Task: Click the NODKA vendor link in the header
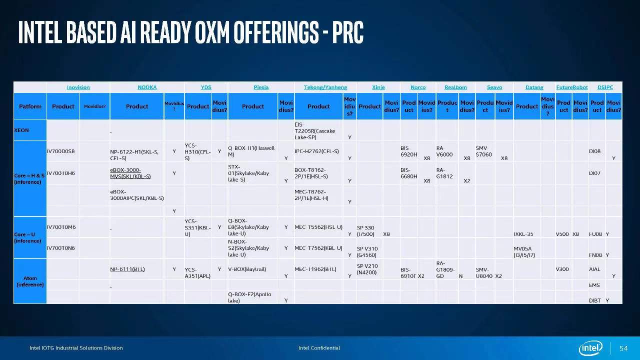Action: tap(147, 87)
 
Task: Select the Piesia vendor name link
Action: tap(261, 87)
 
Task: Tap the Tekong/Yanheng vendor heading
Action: tap(325, 87)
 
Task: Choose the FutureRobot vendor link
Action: tap(572, 87)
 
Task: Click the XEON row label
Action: tap(21, 130)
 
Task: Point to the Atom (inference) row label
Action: tap(30, 281)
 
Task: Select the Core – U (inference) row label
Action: tap(28, 237)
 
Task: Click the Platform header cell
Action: tap(30, 106)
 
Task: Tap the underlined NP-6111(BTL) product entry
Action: tap(127, 269)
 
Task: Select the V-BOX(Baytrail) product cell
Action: tap(247, 269)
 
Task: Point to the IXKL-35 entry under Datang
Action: tap(523, 234)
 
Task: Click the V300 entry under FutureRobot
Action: tap(562, 269)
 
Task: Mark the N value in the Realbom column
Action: tap(460, 276)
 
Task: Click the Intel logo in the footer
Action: tap(590, 348)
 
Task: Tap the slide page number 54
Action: tap(623, 348)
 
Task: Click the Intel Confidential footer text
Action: tap(319, 348)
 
